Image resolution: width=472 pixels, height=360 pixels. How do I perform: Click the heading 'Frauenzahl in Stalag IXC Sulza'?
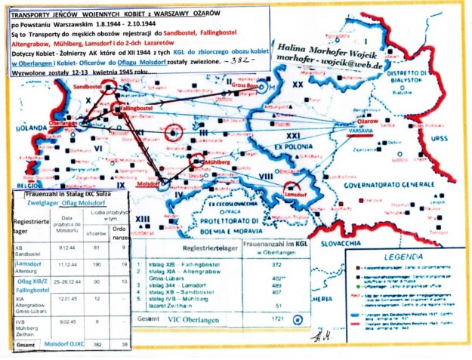coord(63,195)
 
